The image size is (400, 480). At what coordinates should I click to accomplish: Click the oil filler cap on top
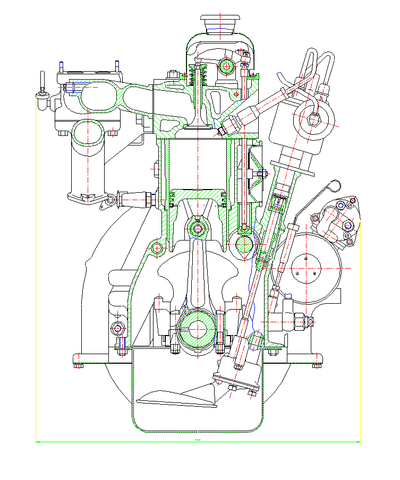[220, 24]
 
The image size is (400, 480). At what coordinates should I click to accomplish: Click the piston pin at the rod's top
[199, 229]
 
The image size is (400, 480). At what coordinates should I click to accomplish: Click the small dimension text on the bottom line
[197, 440]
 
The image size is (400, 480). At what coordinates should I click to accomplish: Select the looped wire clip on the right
[333, 185]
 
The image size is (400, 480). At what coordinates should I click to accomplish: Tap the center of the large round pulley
[307, 259]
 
